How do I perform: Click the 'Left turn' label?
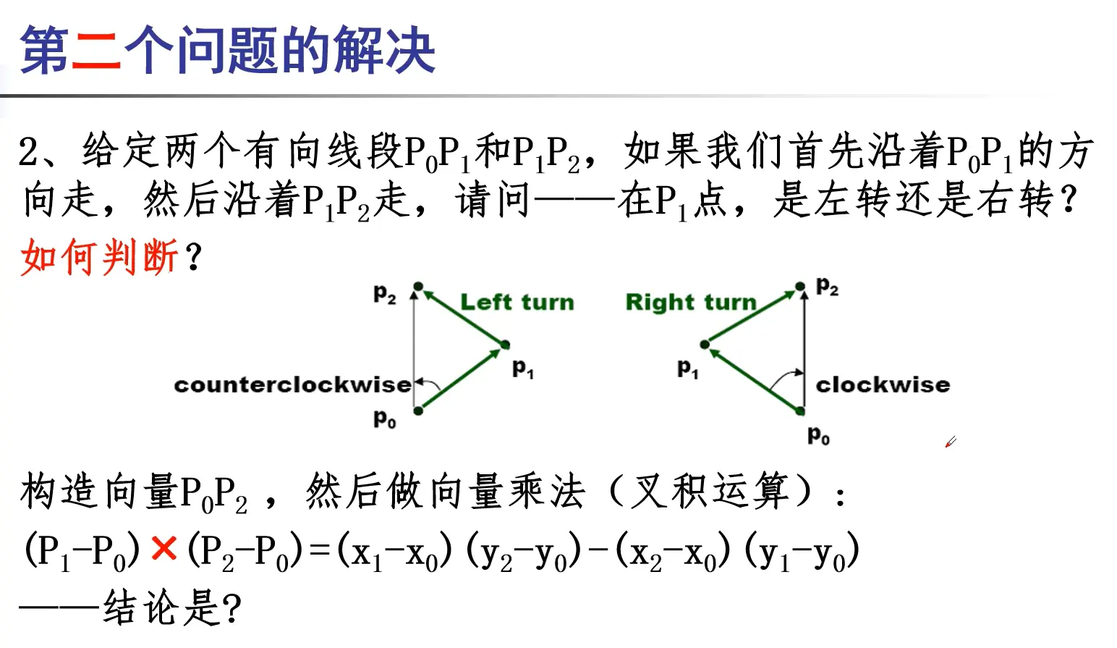[517, 302]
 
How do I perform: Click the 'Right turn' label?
[690, 302]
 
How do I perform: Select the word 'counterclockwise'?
[292, 384]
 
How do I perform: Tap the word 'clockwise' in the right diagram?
[882, 384]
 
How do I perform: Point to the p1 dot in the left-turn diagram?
[505, 345]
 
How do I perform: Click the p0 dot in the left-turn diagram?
[418, 411]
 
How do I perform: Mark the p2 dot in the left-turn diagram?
[417, 287]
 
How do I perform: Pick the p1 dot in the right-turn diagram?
[705, 345]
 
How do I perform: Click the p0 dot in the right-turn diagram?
[800, 411]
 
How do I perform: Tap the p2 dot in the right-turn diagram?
[800, 287]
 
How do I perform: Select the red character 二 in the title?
[96, 51]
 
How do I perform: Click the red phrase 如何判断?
[99, 257]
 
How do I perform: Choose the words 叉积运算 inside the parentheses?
[712, 492]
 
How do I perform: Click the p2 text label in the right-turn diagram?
[827, 287]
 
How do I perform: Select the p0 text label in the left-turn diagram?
[384, 418]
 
